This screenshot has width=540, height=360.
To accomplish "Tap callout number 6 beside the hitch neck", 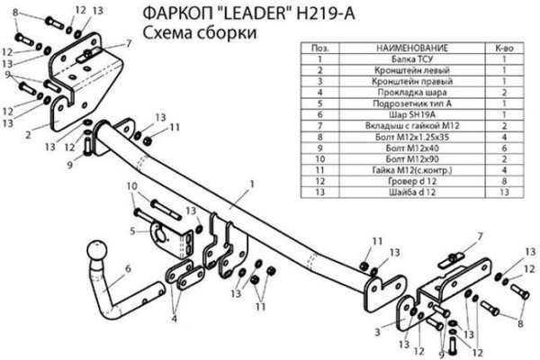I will click(x=130, y=267).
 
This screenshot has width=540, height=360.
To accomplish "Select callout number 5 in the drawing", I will click(x=132, y=230).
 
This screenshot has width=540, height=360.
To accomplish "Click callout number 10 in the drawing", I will click(x=132, y=186).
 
